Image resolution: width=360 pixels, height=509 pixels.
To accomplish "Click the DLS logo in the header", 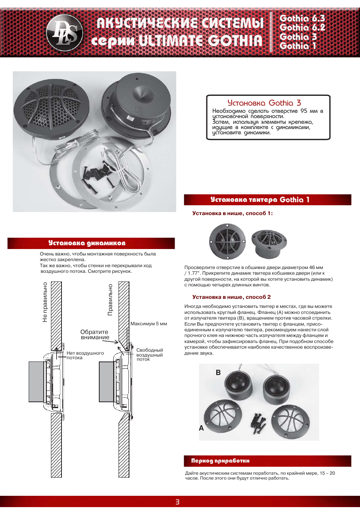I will click(65, 32).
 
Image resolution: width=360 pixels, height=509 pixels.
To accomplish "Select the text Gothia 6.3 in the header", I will click(302, 18).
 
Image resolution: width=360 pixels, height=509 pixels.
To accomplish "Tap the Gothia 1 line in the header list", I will click(297, 46).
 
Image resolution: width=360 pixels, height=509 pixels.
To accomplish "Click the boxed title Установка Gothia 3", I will click(264, 103).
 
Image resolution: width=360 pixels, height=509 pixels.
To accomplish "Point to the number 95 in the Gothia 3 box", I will click(304, 111).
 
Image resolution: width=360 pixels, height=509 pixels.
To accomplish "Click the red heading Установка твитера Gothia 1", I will click(260, 200).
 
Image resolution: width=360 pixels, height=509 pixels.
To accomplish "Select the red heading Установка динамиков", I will click(87, 243).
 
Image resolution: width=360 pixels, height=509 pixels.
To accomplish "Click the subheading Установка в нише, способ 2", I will click(231, 297).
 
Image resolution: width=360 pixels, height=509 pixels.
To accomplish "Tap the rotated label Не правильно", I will click(45, 302).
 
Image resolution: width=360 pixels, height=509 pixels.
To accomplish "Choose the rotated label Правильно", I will click(110, 300).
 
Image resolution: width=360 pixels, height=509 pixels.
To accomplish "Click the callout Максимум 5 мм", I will click(149, 324).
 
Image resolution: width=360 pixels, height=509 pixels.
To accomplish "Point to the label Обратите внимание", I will click(95, 335).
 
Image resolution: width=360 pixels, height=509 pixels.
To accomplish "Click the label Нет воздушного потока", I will click(85, 355).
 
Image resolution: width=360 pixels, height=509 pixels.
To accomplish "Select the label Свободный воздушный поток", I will click(149, 355).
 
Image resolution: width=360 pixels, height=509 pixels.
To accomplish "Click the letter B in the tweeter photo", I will click(218, 372).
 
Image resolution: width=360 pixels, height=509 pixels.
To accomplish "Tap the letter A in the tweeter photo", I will click(201, 428).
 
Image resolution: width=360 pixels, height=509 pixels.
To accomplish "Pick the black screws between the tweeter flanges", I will click(258, 422).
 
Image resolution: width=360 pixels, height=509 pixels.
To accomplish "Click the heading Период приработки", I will click(220, 461).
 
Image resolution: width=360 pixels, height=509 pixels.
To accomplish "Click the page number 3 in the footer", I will click(177, 502).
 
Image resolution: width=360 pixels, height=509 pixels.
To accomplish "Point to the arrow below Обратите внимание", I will click(111, 342).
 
